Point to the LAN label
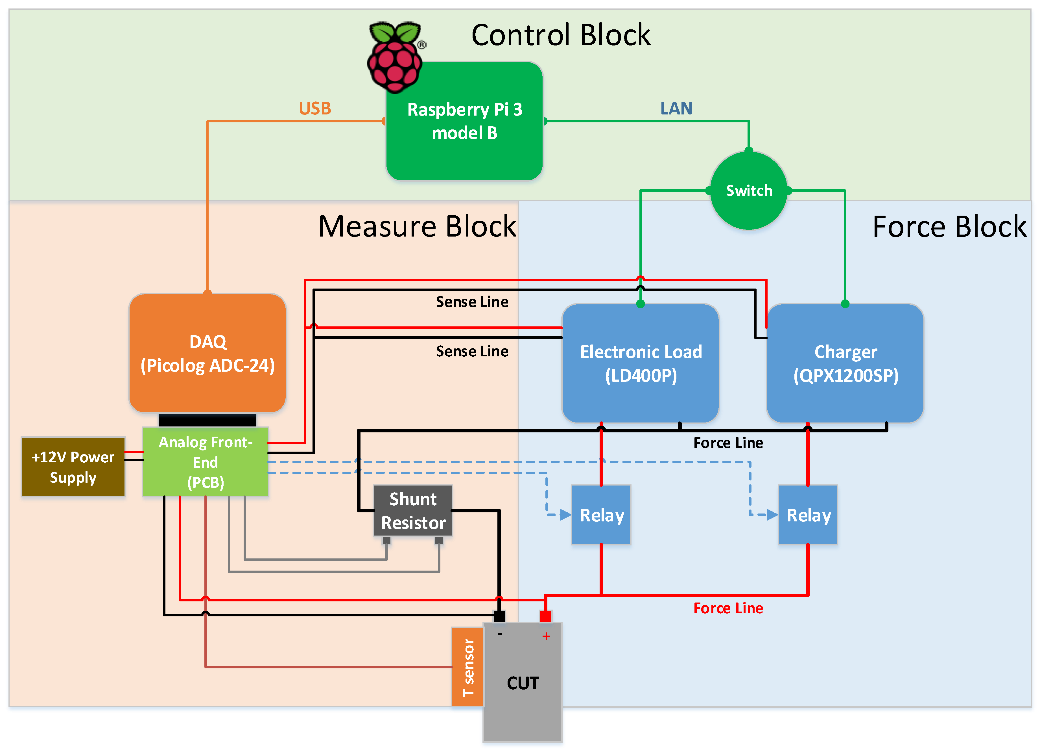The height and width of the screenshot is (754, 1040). (x=676, y=108)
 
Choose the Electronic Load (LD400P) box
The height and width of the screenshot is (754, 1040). (x=640, y=363)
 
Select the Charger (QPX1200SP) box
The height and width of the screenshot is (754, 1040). (x=845, y=363)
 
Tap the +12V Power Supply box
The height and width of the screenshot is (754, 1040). (x=73, y=467)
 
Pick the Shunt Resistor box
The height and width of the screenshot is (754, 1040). (x=413, y=511)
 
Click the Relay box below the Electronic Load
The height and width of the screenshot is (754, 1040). (x=601, y=515)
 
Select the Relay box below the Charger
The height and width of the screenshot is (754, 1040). (x=808, y=515)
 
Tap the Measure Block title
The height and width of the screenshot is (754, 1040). (x=417, y=226)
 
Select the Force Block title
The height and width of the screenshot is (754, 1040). (x=949, y=227)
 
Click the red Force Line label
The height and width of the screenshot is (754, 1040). (x=728, y=608)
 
